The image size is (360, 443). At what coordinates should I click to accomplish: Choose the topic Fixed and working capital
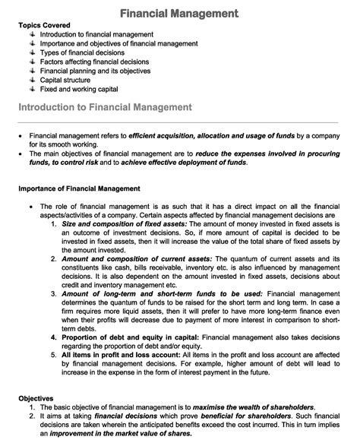(x=79, y=89)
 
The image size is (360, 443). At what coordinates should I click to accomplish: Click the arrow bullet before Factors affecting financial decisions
(x=33, y=62)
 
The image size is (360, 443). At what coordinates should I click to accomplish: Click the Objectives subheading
(x=36, y=398)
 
